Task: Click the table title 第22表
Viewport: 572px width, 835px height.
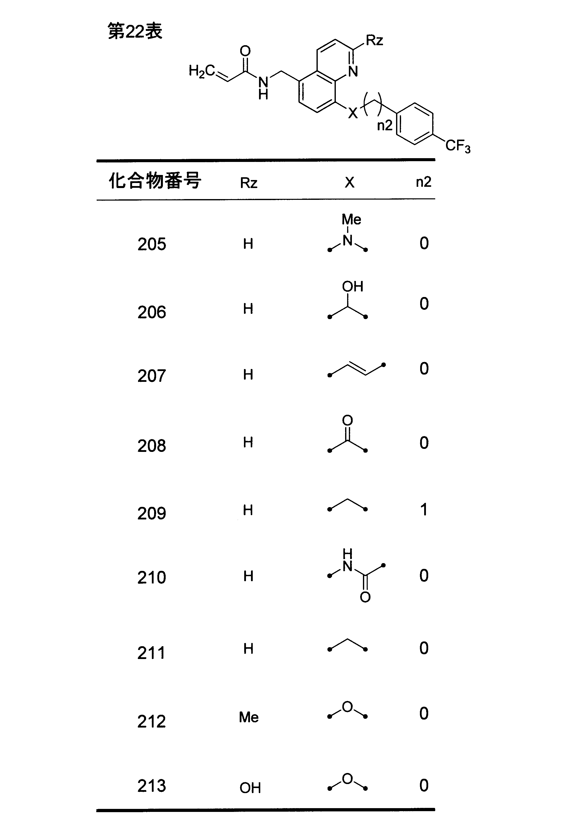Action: [135, 31]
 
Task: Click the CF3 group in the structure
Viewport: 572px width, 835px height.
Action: [458, 146]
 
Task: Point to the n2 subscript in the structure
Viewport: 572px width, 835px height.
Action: [385, 125]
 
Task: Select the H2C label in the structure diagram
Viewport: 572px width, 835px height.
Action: [202, 71]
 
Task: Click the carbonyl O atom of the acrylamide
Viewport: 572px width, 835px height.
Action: [245, 51]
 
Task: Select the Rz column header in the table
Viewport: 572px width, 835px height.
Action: [249, 183]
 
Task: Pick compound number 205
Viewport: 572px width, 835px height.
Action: [152, 244]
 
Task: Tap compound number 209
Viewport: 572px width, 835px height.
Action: [152, 513]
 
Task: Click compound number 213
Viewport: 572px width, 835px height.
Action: [152, 786]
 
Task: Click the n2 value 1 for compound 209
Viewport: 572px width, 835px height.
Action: [424, 509]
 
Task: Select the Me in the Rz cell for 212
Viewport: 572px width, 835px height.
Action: [249, 718]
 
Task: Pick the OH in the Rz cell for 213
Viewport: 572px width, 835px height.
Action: [250, 788]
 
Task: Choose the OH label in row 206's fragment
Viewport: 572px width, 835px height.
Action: [352, 287]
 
